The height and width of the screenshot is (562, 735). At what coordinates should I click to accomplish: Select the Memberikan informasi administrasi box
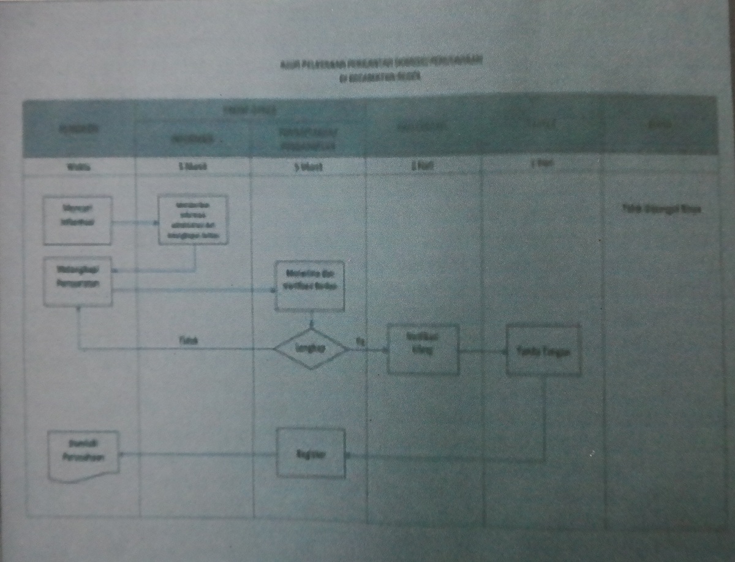pyautogui.click(x=192, y=220)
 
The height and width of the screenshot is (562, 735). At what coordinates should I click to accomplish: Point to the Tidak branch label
pyautogui.click(x=183, y=341)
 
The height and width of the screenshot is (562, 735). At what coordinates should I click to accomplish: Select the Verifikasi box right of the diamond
pyautogui.click(x=423, y=350)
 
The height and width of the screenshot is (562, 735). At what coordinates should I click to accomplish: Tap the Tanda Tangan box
pyautogui.click(x=543, y=351)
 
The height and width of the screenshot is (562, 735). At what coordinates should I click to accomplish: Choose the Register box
pyautogui.click(x=310, y=454)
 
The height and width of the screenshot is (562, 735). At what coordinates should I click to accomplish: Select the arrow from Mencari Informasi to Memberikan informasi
pyautogui.click(x=134, y=223)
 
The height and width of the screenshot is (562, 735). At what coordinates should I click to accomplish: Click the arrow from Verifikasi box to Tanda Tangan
pyautogui.click(x=483, y=352)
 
